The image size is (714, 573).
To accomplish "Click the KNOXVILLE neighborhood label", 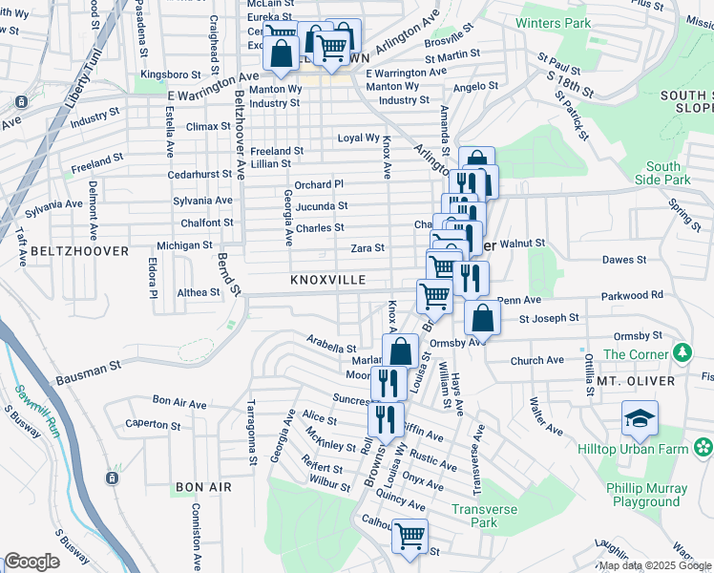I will (327, 280).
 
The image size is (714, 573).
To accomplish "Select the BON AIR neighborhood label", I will (203, 487).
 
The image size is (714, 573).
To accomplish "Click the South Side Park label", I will (667, 173).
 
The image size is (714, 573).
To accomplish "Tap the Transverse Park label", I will (484, 516).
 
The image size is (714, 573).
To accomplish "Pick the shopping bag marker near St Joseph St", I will (483, 317).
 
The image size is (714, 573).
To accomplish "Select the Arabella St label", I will (331, 344).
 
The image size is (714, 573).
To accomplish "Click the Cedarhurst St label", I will (199, 175).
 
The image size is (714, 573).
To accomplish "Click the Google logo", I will (31, 562).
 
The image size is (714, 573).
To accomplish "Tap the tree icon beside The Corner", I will (682, 353).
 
